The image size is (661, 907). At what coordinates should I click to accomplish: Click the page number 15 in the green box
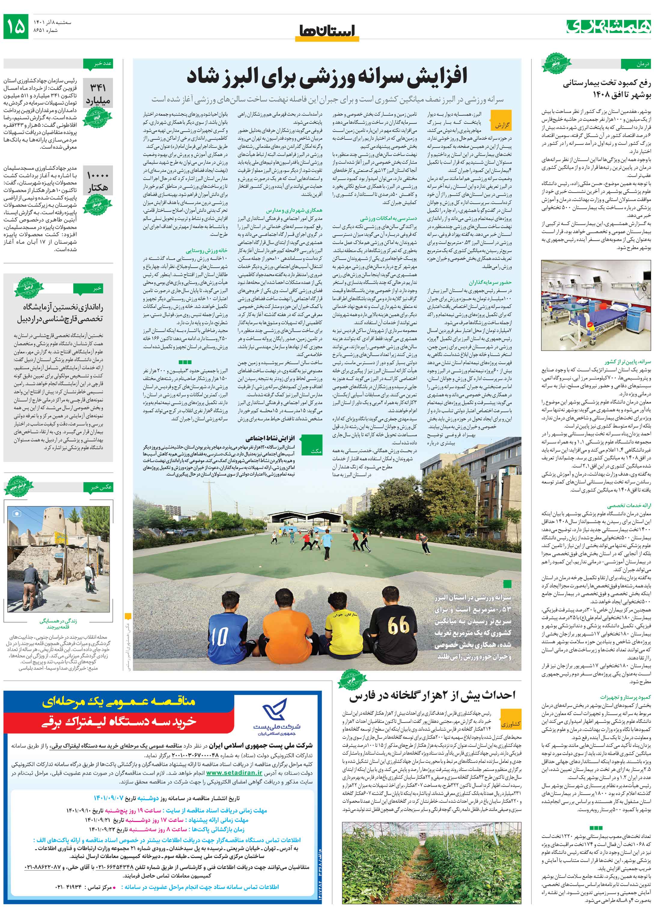coord(16,26)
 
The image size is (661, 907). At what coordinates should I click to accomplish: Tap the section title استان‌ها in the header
coord(327,31)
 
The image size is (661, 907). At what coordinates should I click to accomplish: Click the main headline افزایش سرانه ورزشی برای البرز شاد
coord(327,77)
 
